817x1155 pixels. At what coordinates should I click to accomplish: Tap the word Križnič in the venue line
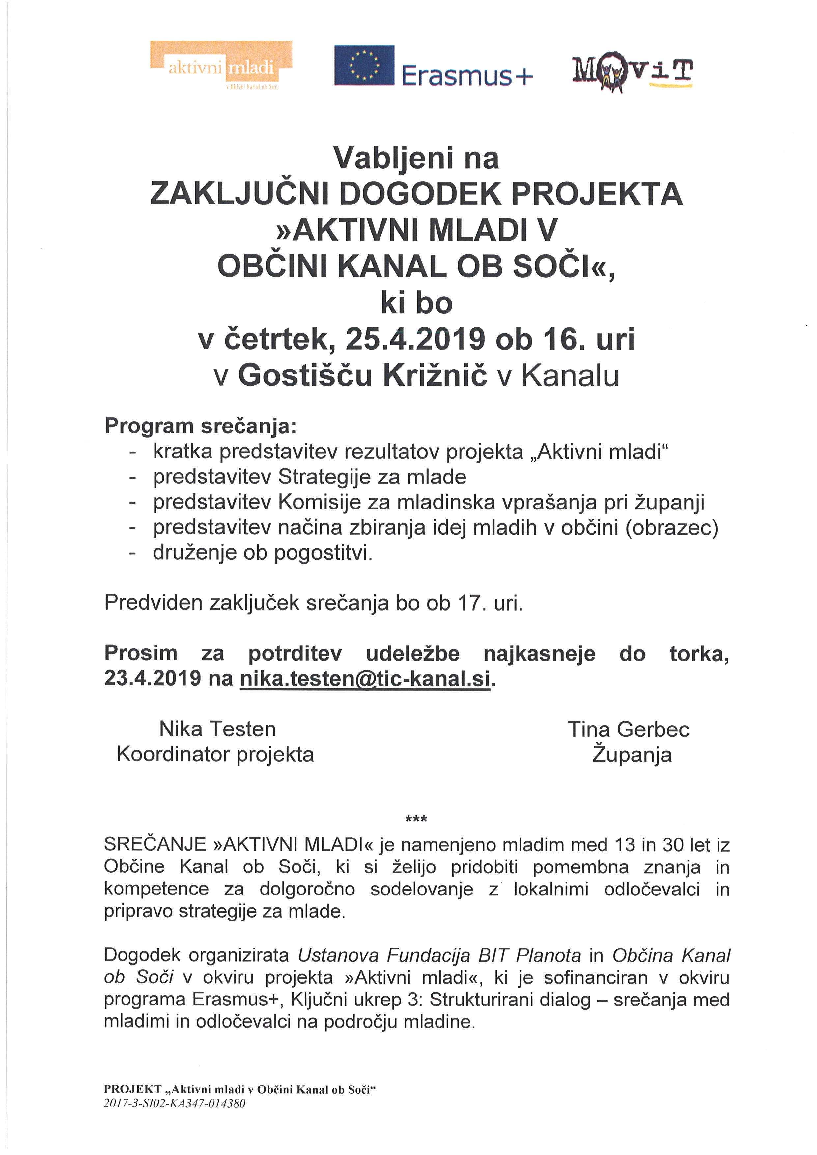436,375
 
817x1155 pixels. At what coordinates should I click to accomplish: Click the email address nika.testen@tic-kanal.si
365,679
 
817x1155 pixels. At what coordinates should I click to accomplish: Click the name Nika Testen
217,729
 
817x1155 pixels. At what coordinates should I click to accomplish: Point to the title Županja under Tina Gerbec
632,755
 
